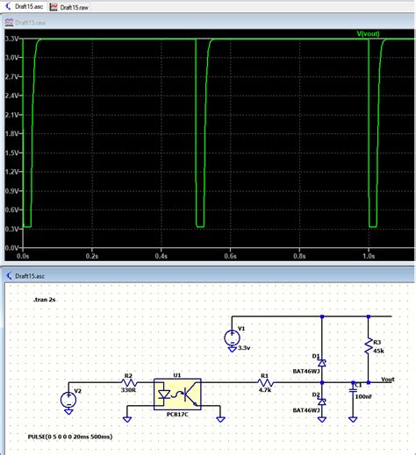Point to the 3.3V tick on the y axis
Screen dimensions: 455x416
(12, 39)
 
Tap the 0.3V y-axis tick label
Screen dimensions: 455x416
(12, 229)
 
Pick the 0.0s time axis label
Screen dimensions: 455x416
(24, 258)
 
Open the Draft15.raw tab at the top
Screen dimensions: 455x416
(75, 6)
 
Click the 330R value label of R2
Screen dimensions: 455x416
(129, 390)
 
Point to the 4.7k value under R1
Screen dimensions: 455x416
(263, 390)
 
